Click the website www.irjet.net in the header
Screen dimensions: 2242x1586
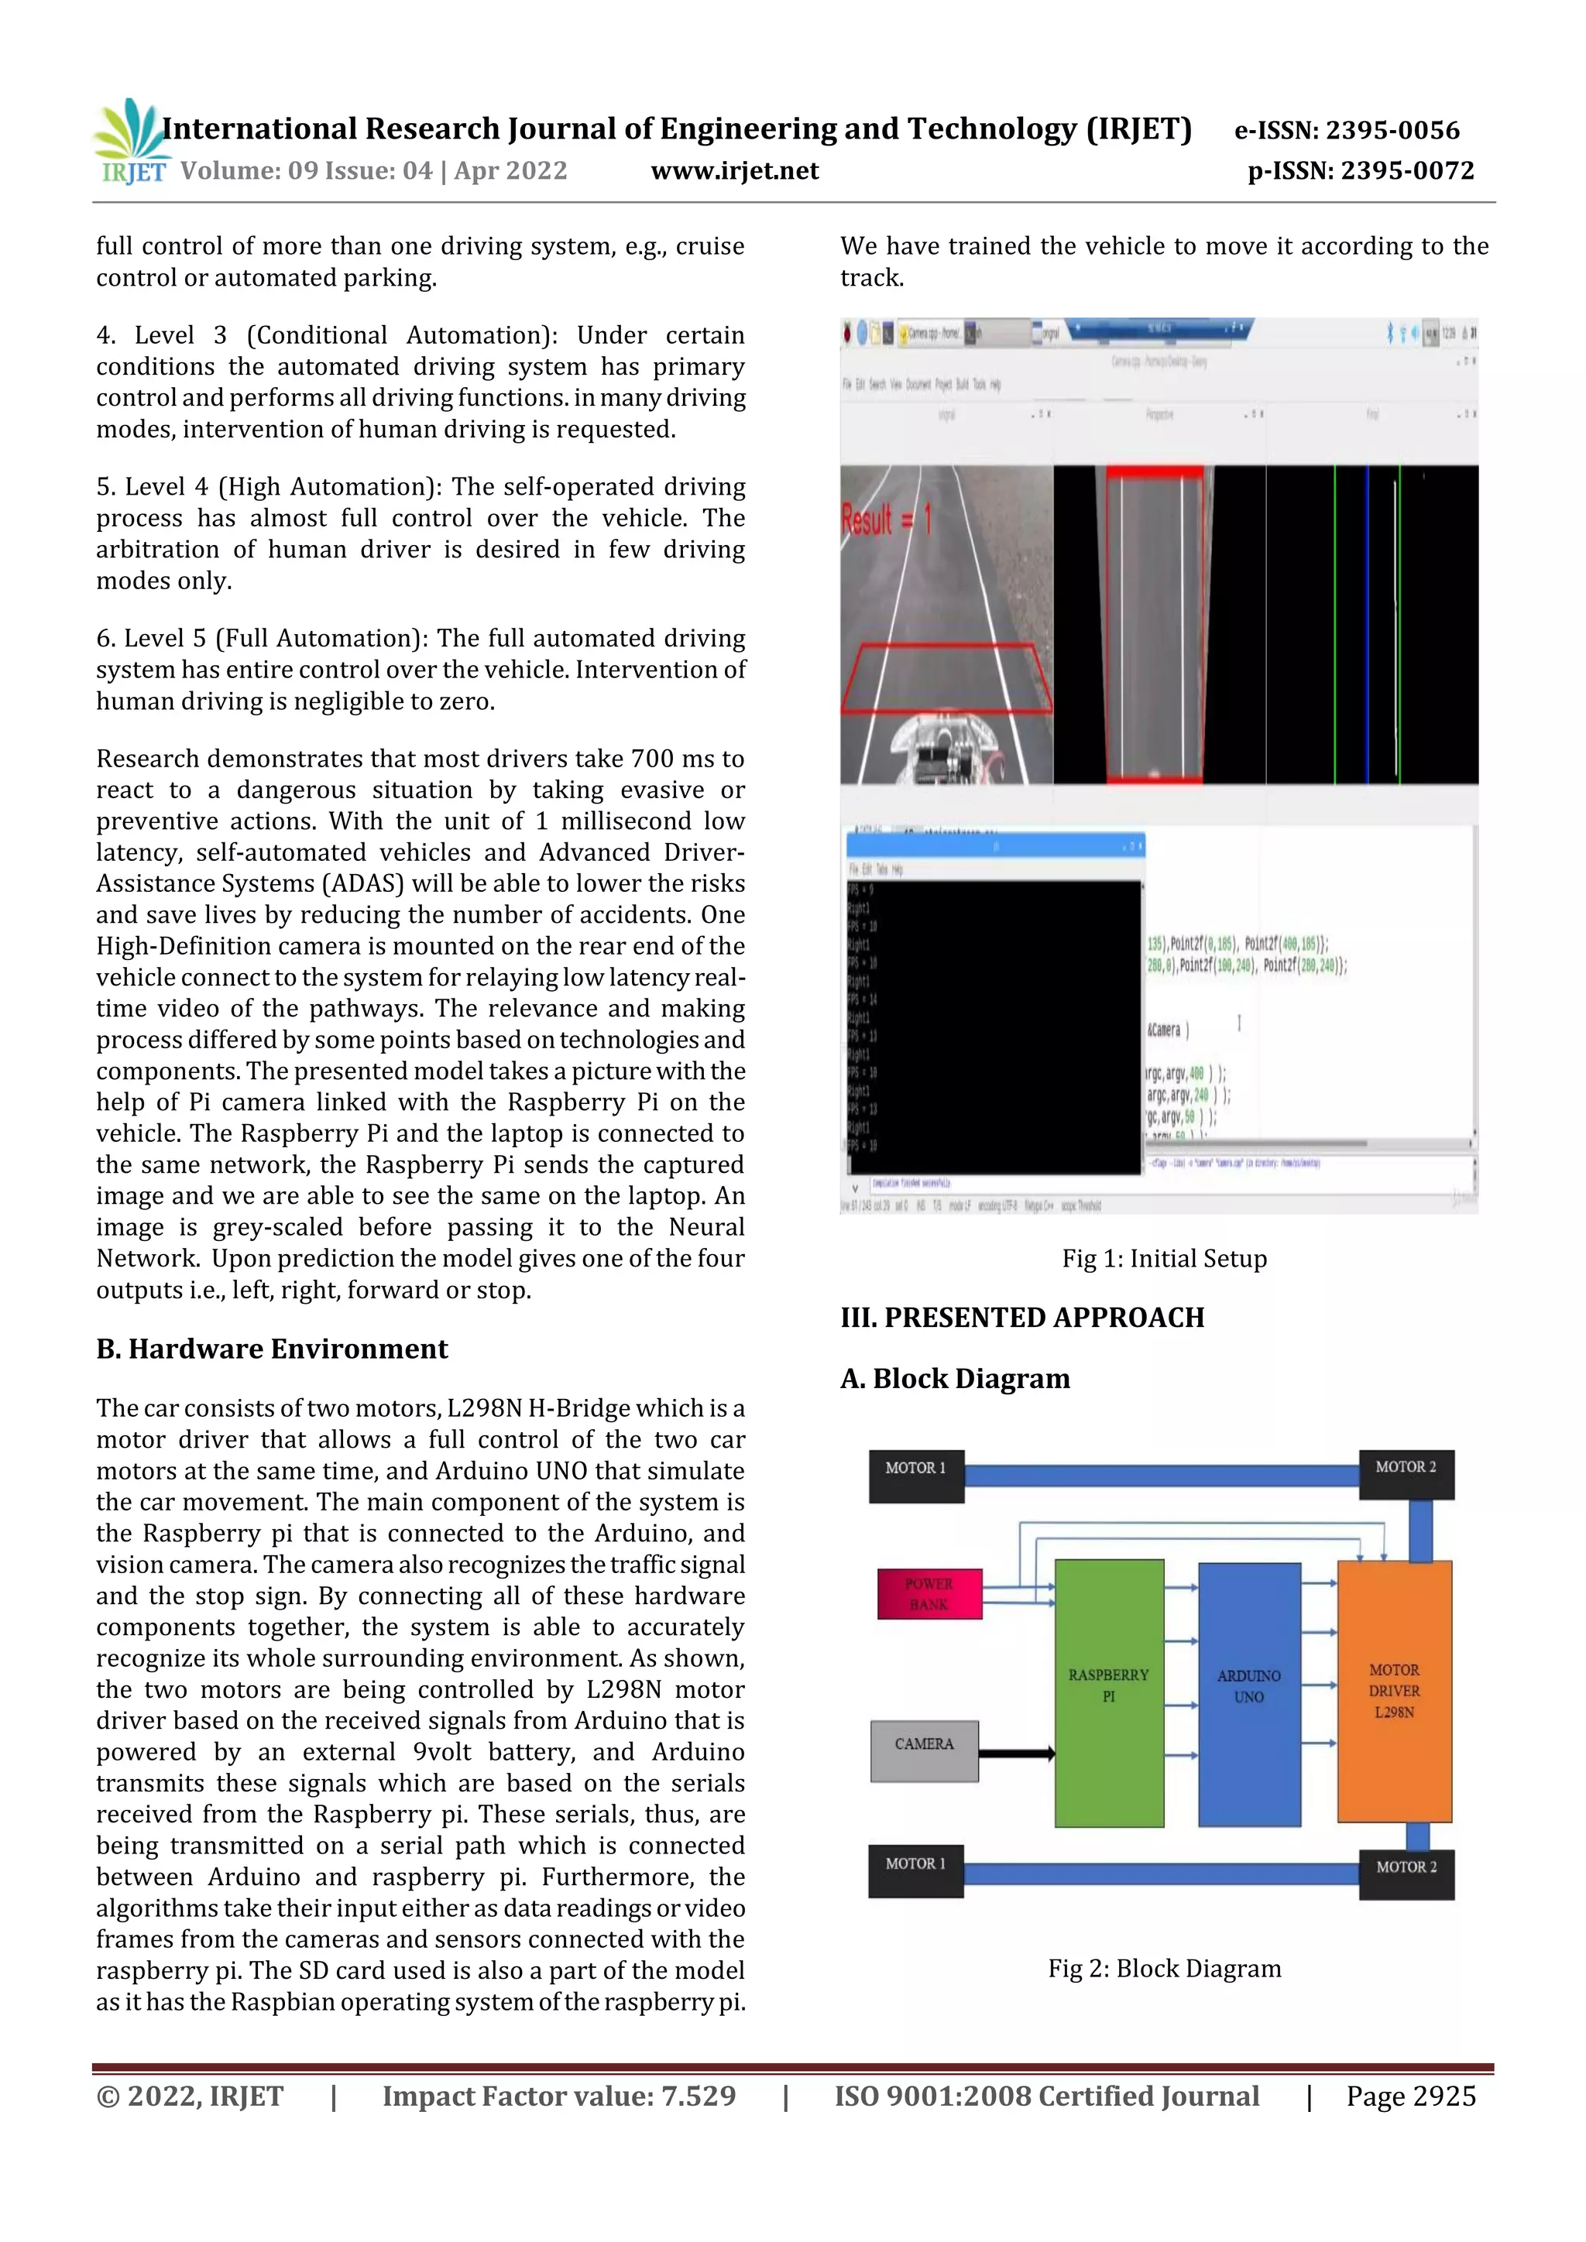tap(734, 171)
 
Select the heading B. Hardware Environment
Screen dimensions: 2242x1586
tap(272, 1349)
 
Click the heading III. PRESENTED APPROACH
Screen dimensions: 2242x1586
tap(1021, 1318)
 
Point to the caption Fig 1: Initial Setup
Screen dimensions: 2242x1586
tap(1164, 1259)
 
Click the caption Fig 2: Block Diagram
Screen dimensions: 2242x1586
tap(1164, 1969)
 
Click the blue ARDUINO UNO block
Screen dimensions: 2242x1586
tap(1249, 1694)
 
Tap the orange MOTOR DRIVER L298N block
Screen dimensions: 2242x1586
tap(1394, 1692)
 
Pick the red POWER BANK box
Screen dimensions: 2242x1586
tap(929, 1593)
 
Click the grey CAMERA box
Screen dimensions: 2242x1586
tap(924, 1751)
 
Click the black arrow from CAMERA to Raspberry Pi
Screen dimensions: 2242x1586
tap(1016, 1753)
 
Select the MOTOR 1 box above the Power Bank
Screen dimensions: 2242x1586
tap(916, 1476)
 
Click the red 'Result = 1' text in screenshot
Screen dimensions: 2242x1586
tap(886, 519)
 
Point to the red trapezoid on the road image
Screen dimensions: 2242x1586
tap(946, 679)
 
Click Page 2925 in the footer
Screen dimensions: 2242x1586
tap(1410, 2096)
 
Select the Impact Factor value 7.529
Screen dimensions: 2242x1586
tap(558, 2096)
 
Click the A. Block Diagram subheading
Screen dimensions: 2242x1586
tap(955, 1379)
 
